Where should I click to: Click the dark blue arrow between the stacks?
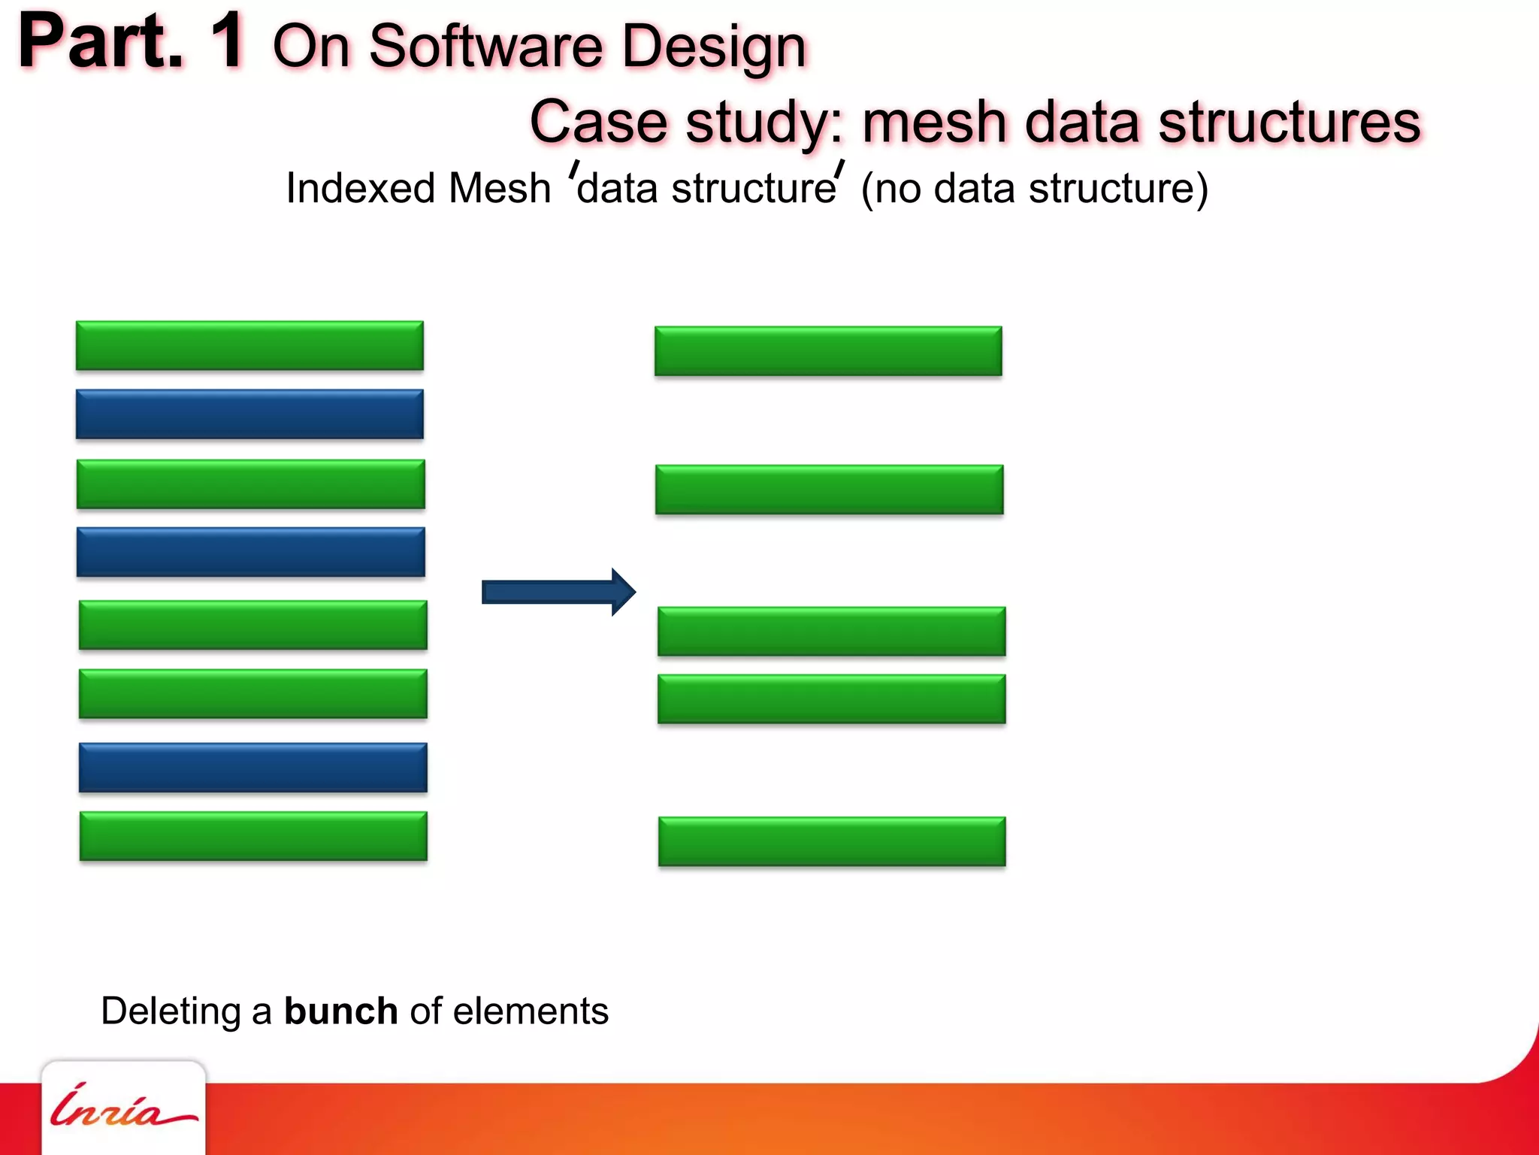[558, 593]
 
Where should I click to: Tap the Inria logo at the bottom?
[122, 1107]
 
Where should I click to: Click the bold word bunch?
[340, 1011]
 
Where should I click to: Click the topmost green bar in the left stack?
[249, 346]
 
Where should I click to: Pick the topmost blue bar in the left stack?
[249, 414]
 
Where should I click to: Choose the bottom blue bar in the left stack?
[252, 768]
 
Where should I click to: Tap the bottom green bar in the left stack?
[253, 836]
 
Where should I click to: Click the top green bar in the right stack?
[828, 351]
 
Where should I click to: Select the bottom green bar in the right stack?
[832, 841]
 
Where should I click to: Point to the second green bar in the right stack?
[829, 490]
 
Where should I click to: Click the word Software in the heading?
[486, 47]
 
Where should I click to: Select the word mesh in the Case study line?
[934, 122]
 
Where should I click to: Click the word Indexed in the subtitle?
[358, 188]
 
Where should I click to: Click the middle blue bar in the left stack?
[250, 553]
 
